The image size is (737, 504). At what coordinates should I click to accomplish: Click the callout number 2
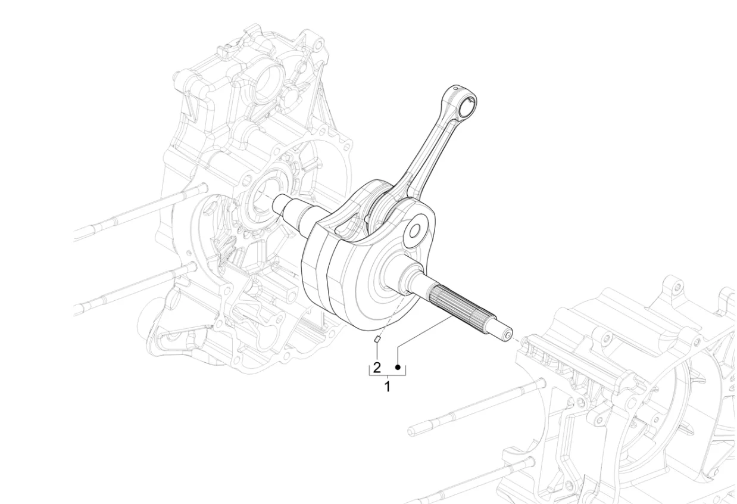tap(377, 367)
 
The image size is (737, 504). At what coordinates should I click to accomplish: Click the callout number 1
tap(388, 386)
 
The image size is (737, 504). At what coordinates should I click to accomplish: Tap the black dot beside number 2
tap(398, 367)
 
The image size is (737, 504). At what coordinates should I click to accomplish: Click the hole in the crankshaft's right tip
tap(508, 335)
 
